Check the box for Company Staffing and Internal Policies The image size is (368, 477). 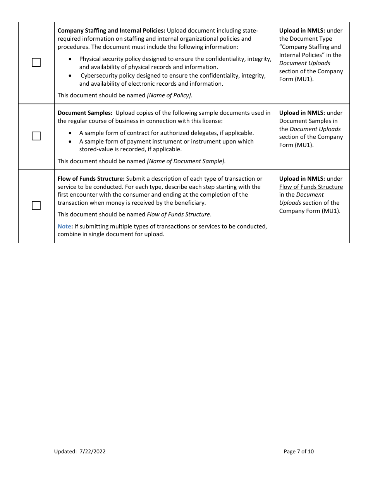point(36,62)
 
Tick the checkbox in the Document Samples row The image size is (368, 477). point(36,136)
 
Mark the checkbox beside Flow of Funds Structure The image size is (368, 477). point(36,206)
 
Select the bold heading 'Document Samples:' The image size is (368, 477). point(85,113)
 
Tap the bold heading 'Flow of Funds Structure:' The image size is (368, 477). point(91,179)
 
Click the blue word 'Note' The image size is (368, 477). point(64,226)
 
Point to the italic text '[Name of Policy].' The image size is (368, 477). point(169,95)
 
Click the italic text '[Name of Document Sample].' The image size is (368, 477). point(186,161)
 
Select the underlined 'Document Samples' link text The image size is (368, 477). point(305,121)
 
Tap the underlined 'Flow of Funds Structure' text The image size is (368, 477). point(311,187)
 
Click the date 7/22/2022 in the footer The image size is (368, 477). point(93,451)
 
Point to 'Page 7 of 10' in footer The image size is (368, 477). point(299,451)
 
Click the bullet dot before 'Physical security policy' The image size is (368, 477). point(70,59)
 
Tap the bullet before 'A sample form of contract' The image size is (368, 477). point(70,133)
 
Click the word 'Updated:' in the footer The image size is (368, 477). point(65,451)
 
